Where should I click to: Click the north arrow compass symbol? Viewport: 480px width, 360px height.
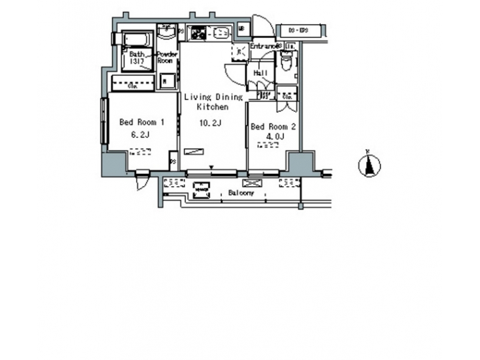click(369, 165)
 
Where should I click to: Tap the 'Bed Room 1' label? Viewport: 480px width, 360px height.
click(142, 122)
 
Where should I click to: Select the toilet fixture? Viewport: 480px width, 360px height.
click(287, 61)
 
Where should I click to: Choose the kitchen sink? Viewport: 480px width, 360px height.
click(219, 31)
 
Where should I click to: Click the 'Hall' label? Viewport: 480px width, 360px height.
click(261, 73)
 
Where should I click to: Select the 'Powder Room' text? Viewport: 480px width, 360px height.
click(166, 57)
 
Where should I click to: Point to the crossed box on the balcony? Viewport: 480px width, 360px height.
click(253, 183)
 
